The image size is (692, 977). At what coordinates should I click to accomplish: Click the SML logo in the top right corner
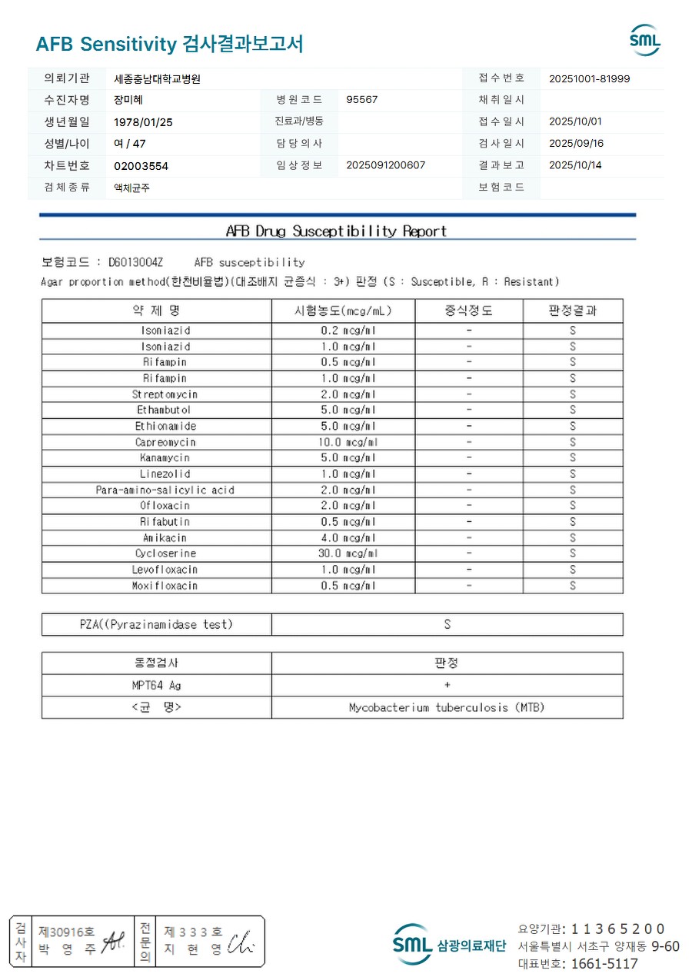pyautogui.click(x=644, y=40)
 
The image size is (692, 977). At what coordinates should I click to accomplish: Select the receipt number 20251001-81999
pyautogui.click(x=590, y=78)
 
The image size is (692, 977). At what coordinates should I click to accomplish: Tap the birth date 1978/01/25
pyautogui.click(x=143, y=122)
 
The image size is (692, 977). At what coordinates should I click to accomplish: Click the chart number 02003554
pyautogui.click(x=141, y=166)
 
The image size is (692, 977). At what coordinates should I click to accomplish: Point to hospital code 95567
pyautogui.click(x=362, y=100)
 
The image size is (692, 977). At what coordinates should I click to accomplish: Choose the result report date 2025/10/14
pyautogui.click(x=576, y=165)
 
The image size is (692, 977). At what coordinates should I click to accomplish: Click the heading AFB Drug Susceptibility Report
pyautogui.click(x=336, y=231)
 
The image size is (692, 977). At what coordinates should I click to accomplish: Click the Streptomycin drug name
pyautogui.click(x=165, y=394)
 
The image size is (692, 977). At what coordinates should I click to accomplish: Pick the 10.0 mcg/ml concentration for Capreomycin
pyautogui.click(x=348, y=442)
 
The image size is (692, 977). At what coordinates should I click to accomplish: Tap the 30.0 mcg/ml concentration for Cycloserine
pyautogui.click(x=348, y=553)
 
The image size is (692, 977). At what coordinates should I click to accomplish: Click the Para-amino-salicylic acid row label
pyautogui.click(x=165, y=490)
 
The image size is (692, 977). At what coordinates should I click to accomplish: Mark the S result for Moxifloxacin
pyautogui.click(x=573, y=586)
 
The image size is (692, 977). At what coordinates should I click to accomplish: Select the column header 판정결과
pyautogui.click(x=573, y=311)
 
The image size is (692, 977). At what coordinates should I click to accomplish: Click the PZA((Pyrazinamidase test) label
pyautogui.click(x=156, y=624)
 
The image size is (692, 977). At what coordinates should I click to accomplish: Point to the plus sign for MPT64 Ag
pyautogui.click(x=447, y=685)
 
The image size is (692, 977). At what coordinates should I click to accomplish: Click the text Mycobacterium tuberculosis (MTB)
pyautogui.click(x=447, y=707)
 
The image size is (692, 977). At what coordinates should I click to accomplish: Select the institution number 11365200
pyautogui.click(x=618, y=929)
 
